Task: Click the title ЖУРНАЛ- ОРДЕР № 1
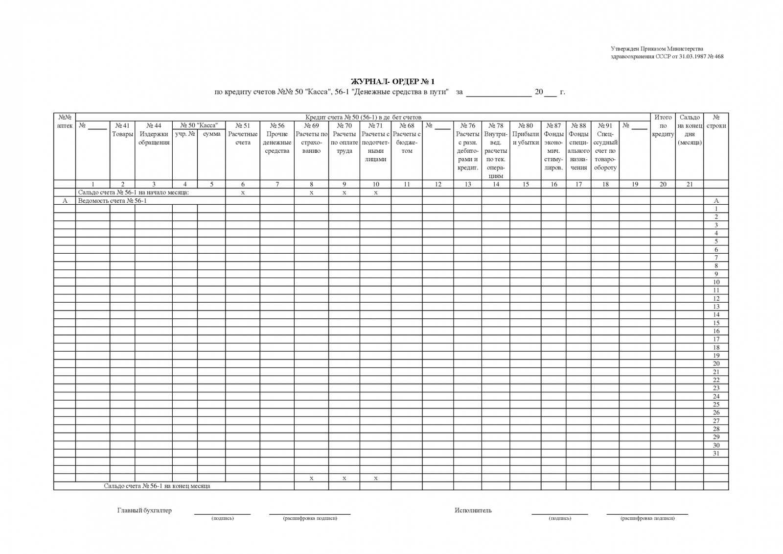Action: [x=392, y=81]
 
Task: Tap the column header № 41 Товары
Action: [x=122, y=130]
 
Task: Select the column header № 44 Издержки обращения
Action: [x=154, y=134]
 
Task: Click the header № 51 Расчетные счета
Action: [x=243, y=134]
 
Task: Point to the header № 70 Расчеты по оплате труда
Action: [x=344, y=138]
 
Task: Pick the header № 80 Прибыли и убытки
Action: [x=526, y=134]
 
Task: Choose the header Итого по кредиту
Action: [x=663, y=125]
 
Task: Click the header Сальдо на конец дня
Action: [x=690, y=130]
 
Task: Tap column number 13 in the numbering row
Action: [x=468, y=184]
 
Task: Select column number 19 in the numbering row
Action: [x=635, y=184]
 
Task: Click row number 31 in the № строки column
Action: [x=716, y=453]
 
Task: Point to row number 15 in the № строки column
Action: [x=716, y=323]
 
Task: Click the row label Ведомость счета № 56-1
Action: [x=113, y=201]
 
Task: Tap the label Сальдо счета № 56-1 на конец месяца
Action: [x=157, y=486]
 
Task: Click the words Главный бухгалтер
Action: [x=144, y=510]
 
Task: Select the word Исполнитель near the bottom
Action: [x=473, y=510]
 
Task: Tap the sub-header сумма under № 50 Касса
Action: [x=211, y=134]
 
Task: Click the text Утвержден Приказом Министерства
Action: [x=657, y=48]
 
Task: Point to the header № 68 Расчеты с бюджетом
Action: [x=407, y=138]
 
